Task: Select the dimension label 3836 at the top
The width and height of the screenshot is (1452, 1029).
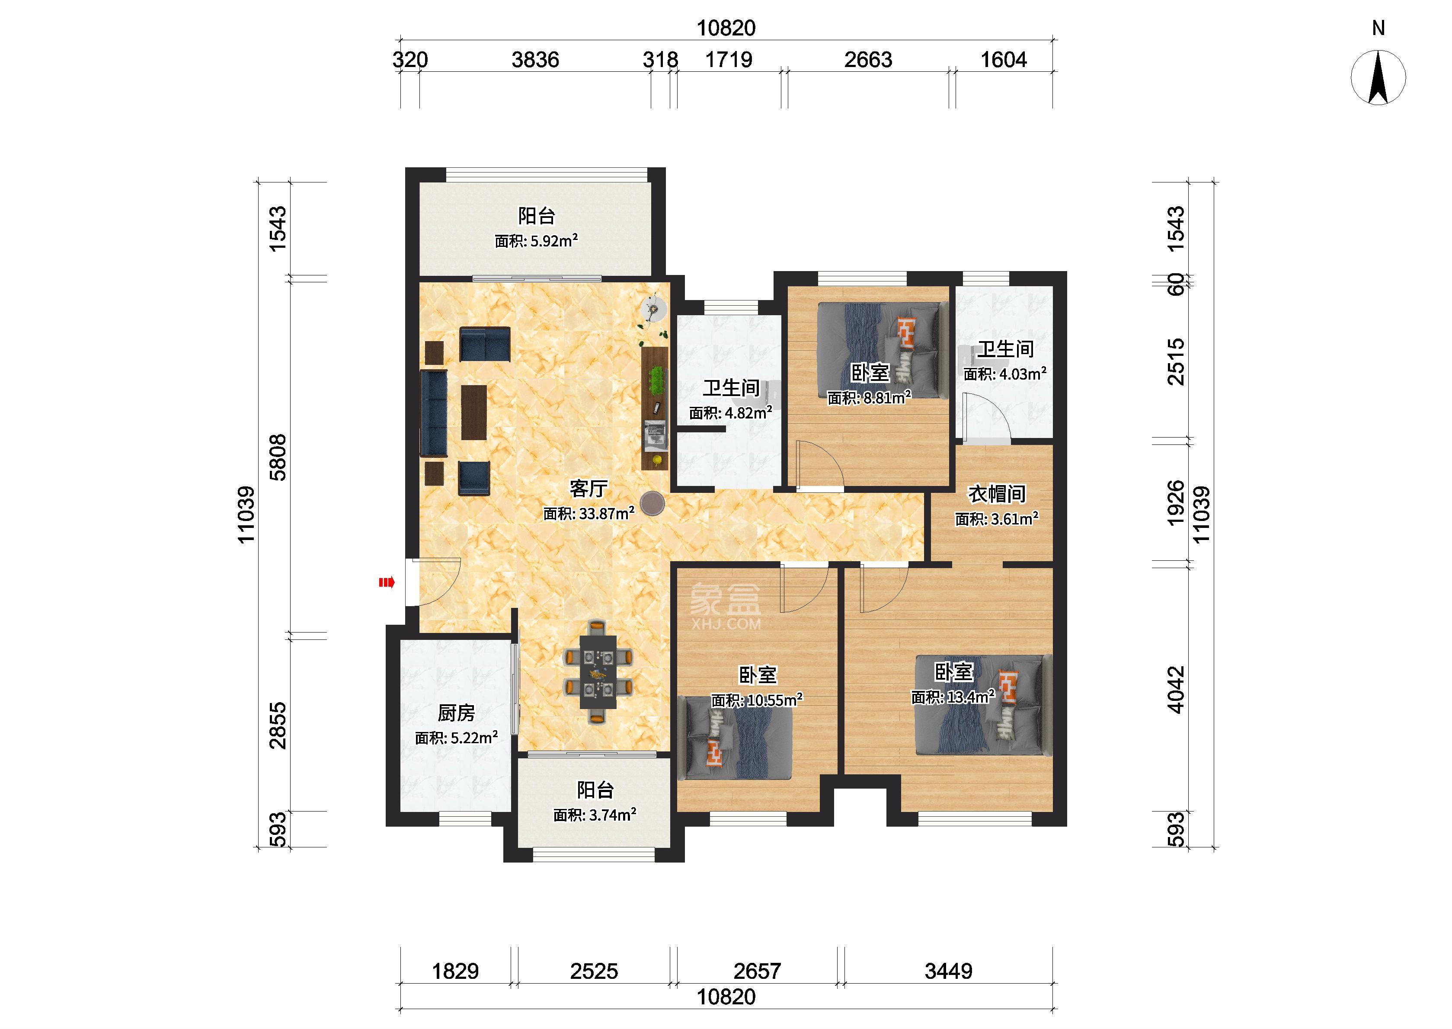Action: [535, 60]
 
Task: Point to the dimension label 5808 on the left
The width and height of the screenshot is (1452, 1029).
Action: [278, 457]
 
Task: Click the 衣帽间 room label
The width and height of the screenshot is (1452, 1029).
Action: [997, 494]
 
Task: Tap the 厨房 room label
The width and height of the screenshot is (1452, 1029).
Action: [456, 713]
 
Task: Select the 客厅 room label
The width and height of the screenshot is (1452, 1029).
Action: [588, 489]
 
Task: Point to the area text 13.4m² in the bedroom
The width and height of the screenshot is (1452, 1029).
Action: [970, 697]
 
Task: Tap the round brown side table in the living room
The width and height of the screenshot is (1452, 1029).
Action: [652, 504]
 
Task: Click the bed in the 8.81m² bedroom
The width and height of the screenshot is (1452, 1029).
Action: [880, 355]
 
